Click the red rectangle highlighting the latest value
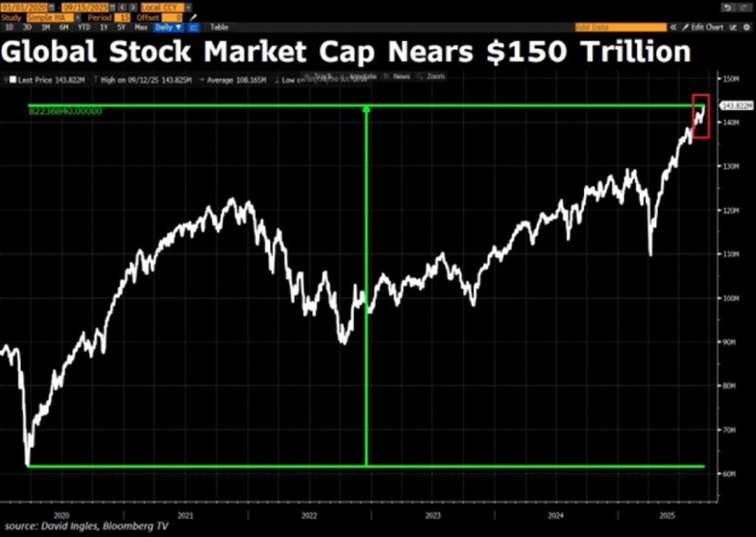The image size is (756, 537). pos(701,116)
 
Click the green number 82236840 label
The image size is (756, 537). pos(65,111)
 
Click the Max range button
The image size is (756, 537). pos(141,27)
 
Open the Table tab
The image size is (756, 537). pos(219,27)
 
